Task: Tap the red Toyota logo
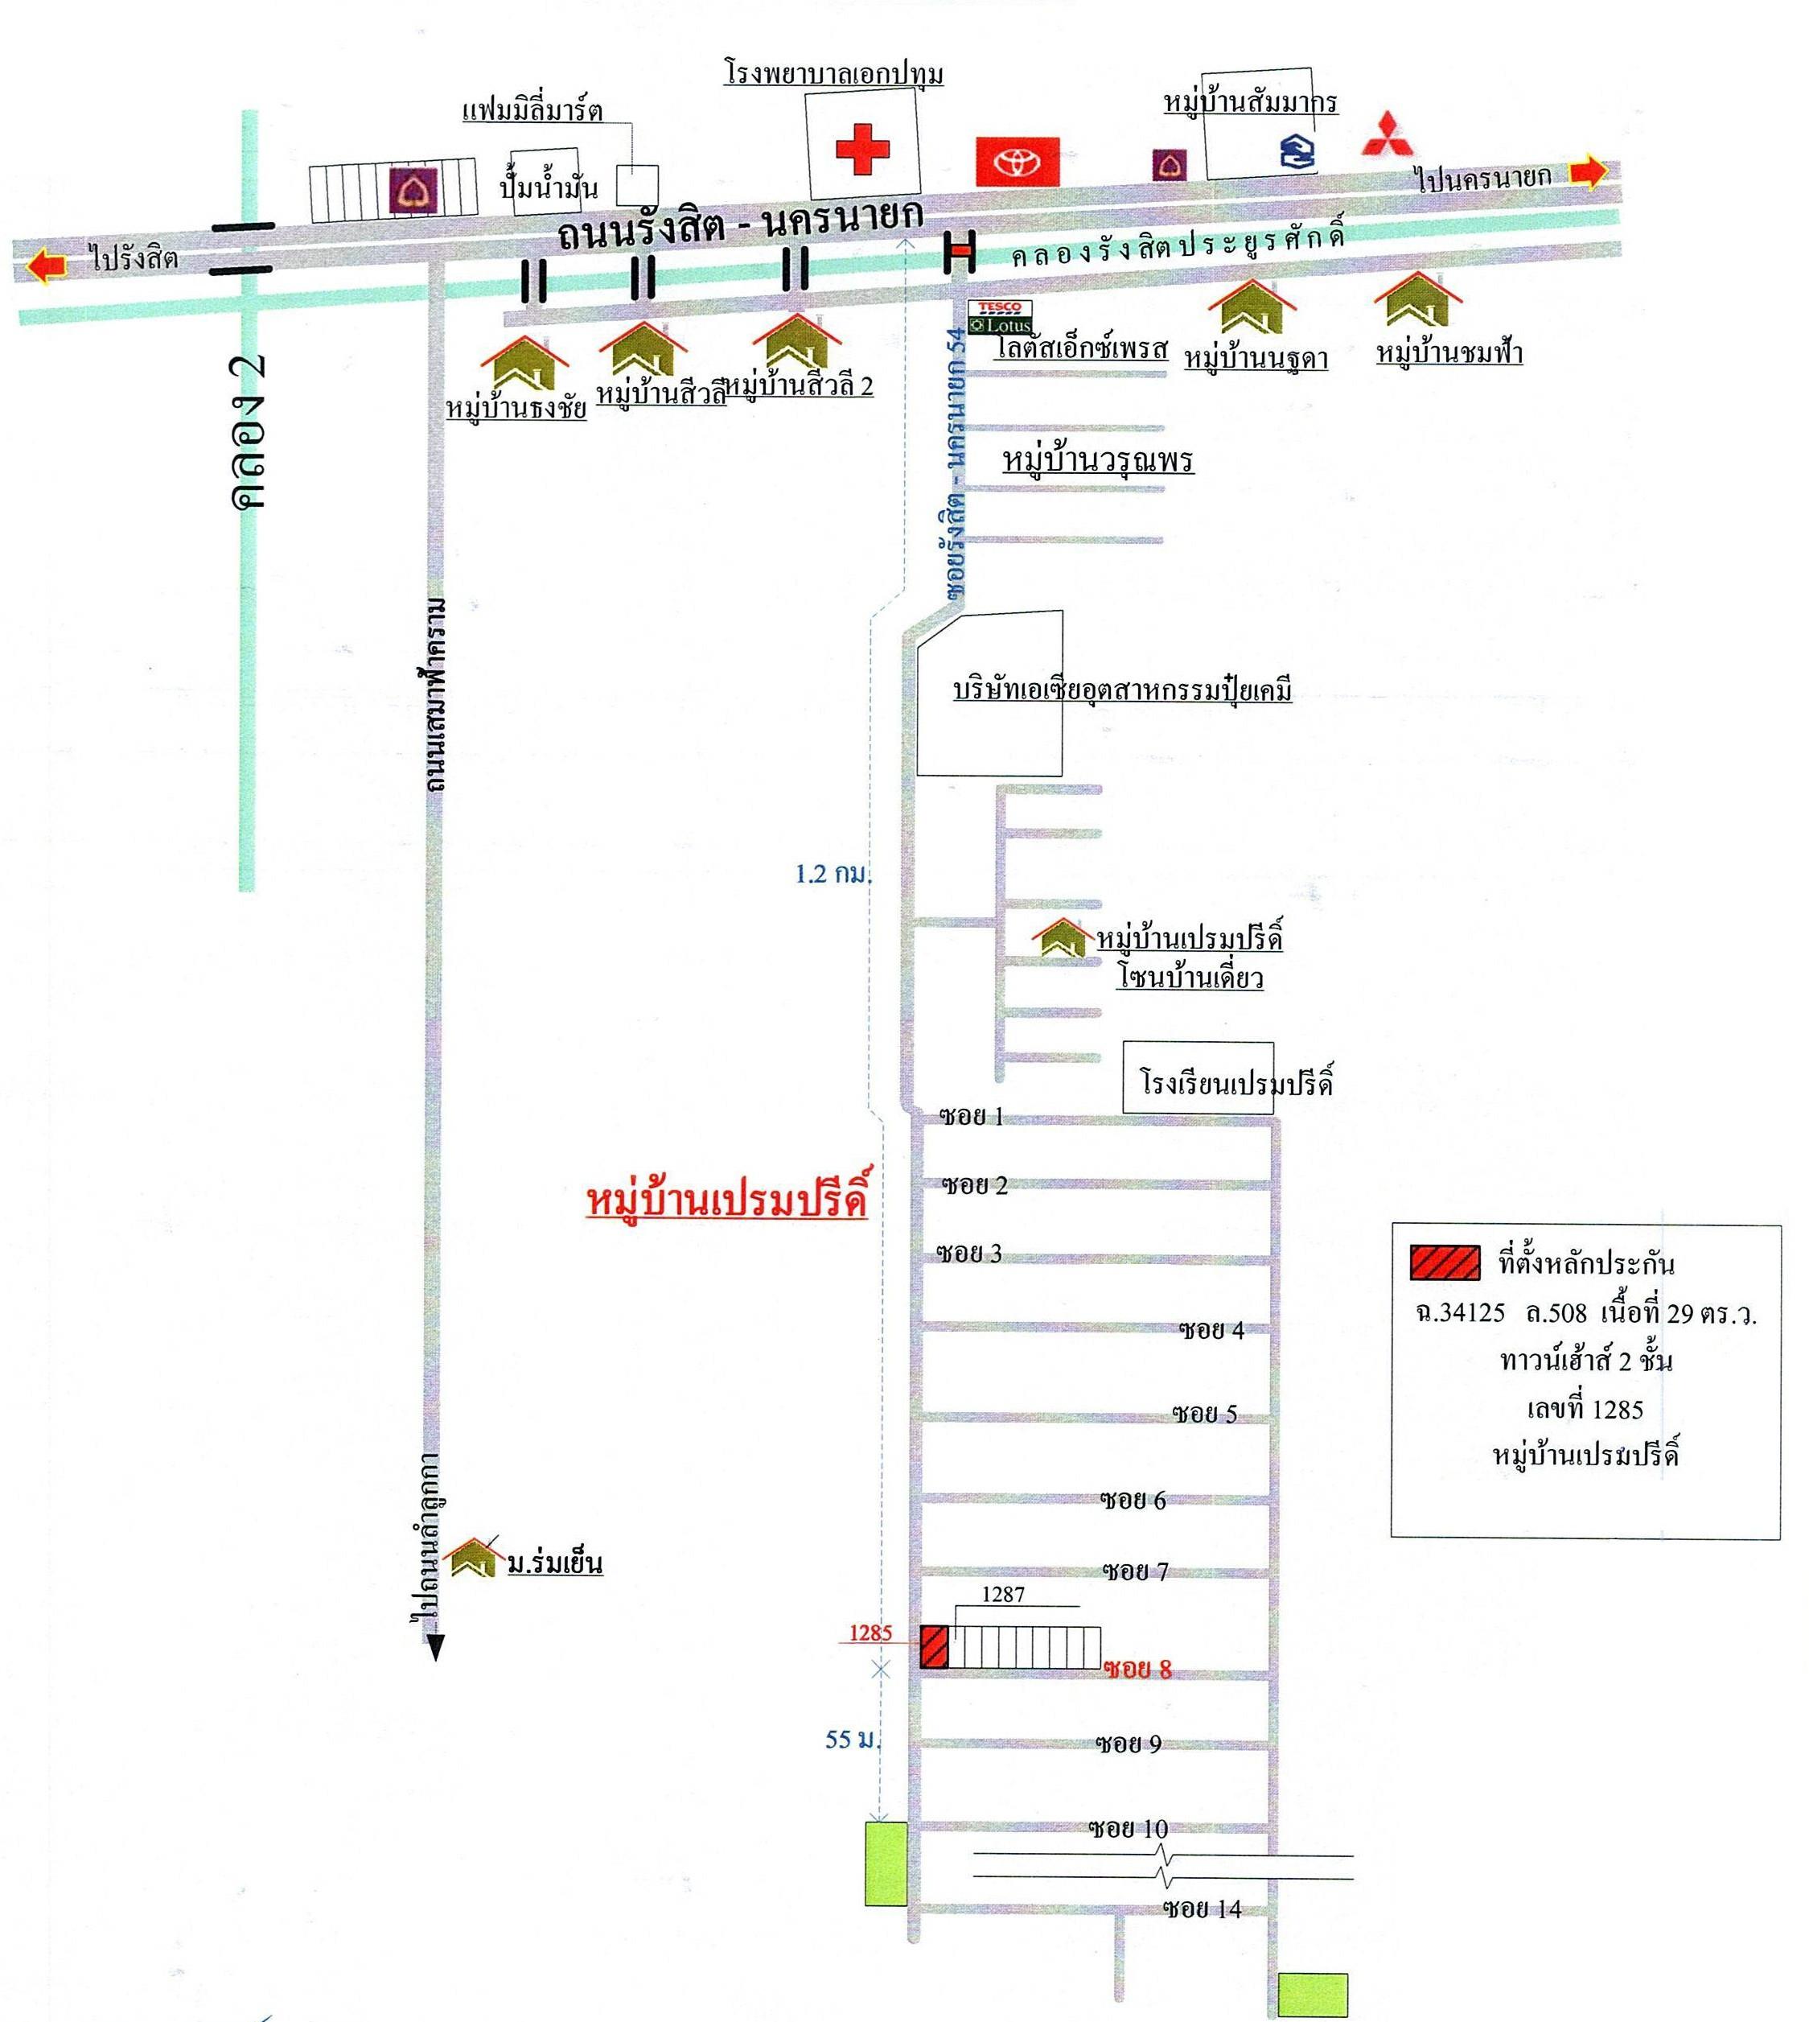tap(1018, 162)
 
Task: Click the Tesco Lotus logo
tap(1001, 317)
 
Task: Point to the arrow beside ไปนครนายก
tap(1589, 172)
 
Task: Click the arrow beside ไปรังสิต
tap(47, 266)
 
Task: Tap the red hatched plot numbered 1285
tap(933, 1647)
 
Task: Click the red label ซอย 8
tap(1137, 1669)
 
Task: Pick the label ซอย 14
tap(1202, 1909)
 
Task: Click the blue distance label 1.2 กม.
tap(833, 874)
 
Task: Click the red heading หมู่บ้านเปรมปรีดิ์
tap(726, 1200)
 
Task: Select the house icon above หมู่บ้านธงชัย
tap(524, 364)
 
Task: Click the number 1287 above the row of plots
tap(1003, 1595)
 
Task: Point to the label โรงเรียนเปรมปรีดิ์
tap(1235, 1082)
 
